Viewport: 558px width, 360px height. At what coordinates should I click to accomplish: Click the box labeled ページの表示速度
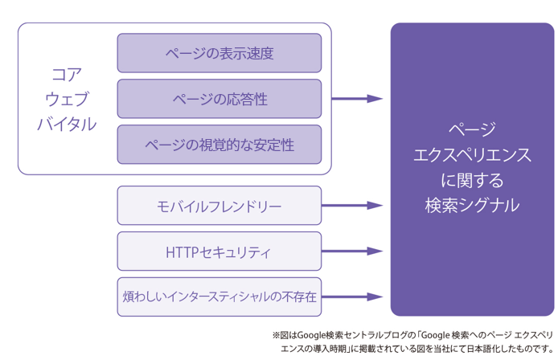pos(220,53)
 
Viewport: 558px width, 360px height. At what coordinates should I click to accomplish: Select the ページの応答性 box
pos(220,99)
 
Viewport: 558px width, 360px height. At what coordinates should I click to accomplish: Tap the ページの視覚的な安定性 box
pos(220,145)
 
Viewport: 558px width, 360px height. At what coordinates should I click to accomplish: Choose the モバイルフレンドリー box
pos(220,205)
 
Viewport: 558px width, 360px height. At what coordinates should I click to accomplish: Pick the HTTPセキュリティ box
pos(220,252)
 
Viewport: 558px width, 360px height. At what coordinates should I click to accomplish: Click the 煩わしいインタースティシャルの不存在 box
pos(220,297)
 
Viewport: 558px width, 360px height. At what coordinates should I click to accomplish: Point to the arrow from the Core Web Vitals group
pos(357,99)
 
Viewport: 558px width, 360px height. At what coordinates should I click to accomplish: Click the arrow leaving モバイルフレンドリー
pos(352,205)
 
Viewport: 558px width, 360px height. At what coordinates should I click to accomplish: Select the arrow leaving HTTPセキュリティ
pos(352,252)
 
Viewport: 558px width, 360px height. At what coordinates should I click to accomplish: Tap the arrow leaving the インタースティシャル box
pos(352,297)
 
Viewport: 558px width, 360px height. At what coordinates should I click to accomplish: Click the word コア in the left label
pos(67,75)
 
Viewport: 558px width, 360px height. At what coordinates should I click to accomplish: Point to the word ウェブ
pos(67,100)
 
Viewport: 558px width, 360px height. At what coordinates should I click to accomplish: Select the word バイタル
pos(67,124)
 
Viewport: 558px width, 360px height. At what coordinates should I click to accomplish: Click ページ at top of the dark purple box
pos(472,129)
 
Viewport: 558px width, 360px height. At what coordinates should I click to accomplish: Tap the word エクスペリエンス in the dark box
pos(472,155)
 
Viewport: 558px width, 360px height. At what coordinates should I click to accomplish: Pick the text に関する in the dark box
pos(472,180)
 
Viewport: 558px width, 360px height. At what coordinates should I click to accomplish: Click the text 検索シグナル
pos(472,205)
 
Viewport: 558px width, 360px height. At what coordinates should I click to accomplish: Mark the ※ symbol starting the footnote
pos(276,335)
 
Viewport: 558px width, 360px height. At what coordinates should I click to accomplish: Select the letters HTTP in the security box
pos(182,252)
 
